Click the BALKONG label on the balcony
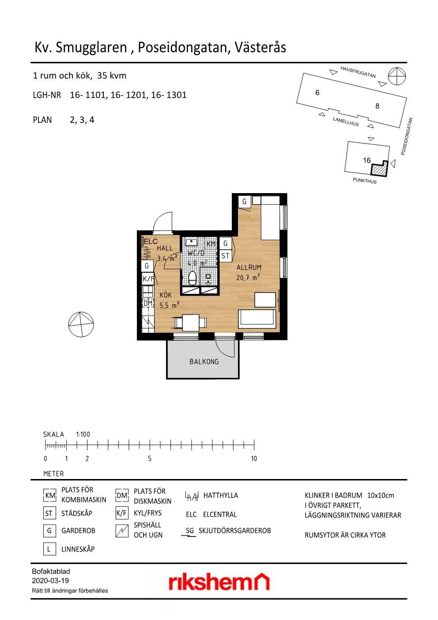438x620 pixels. tap(204, 361)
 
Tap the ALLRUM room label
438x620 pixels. tap(249, 267)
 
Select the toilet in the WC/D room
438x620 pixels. tap(193, 278)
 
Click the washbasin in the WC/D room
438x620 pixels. tap(191, 242)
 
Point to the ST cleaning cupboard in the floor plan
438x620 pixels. tap(225, 256)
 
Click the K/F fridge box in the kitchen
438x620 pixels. tap(148, 279)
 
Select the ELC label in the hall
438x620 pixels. tap(151, 241)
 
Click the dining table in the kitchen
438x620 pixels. tap(191, 323)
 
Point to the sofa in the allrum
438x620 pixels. tap(257, 319)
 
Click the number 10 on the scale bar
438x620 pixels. tap(254, 459)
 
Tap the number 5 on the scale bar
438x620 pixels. tap(150, 459)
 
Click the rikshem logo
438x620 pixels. tap(219, 582)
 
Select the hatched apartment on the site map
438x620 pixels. tap(379, 169)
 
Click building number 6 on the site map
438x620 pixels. tap(317, 92)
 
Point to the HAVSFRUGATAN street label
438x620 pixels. tap(358, 72)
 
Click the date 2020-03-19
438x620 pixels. tap(50, 580)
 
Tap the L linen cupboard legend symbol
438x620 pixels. tap(49, 549)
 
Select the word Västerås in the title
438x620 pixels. tap(260, 47)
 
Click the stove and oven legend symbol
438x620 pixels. tap(122, 531)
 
